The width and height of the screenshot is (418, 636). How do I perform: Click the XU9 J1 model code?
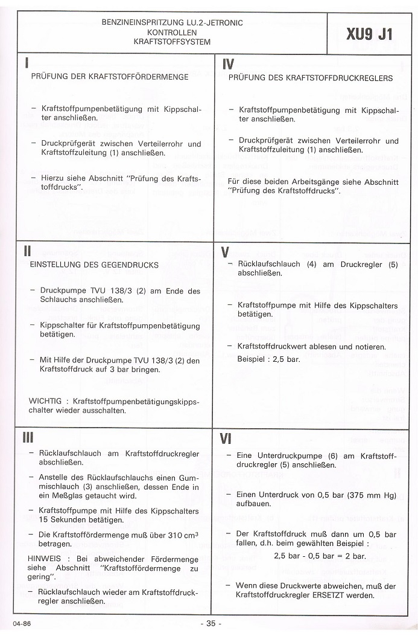[x=369, y=34]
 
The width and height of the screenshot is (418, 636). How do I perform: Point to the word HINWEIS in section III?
[x=45, y=559]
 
